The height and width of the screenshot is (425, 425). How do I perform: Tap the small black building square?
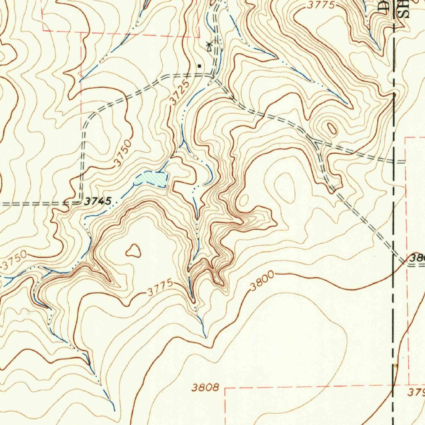[200, 66]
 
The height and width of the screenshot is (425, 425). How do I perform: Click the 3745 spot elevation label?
[98, 201]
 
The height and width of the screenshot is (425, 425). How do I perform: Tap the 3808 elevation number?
[205, 388]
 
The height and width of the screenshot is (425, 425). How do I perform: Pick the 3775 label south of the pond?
[160, 289]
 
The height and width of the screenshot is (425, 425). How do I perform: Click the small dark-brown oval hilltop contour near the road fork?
[332, 128]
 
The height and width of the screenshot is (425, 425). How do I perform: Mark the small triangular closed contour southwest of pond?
[133, 250]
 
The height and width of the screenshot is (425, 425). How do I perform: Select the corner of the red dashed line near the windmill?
[199, 37]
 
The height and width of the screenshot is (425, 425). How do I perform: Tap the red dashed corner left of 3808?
[225, 388]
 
